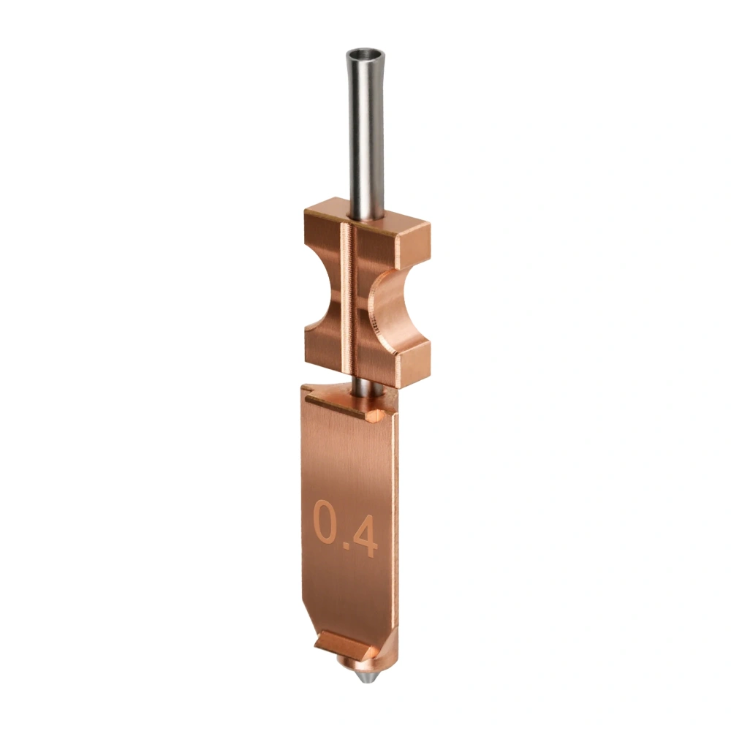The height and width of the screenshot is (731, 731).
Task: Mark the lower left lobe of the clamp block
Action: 322,351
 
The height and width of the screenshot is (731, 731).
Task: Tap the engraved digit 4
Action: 365,537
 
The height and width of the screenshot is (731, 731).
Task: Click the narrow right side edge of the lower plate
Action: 395,512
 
